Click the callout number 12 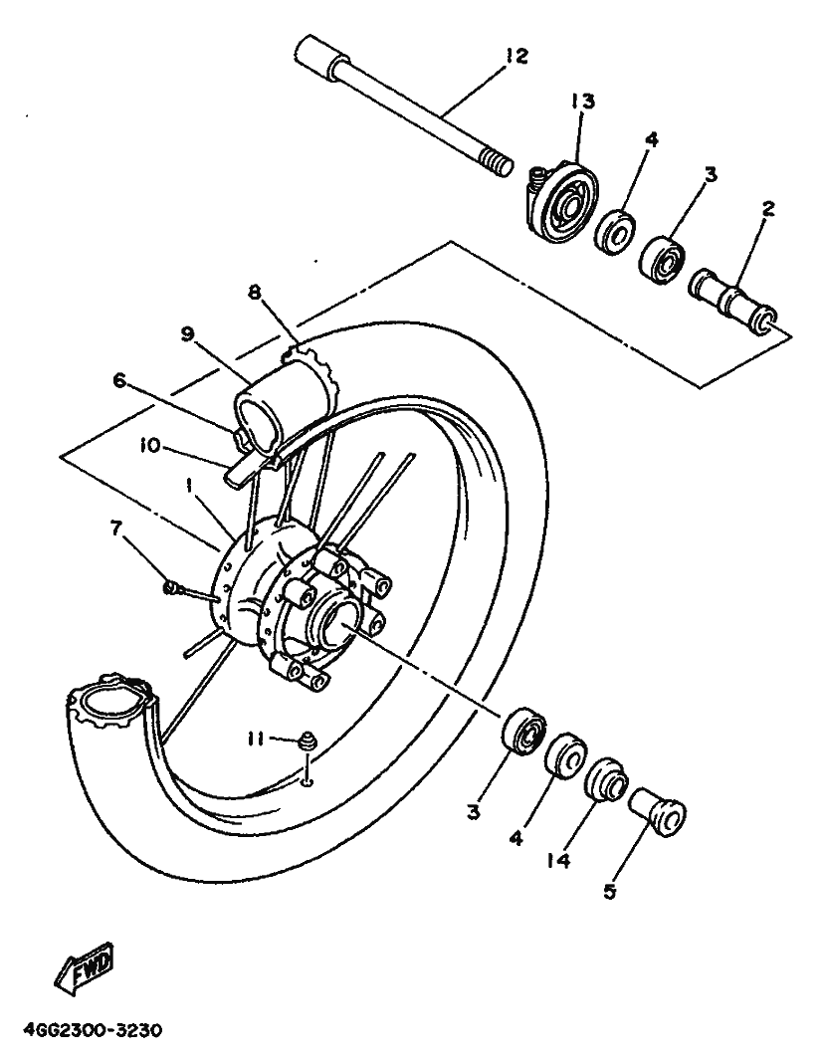(516, 56)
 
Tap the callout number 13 (582, 102)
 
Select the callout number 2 (768, 209)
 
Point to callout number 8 (254, 293)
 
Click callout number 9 (187, 333)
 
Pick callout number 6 (119, 381)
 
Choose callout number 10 (150, 446)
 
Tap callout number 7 (116, 528)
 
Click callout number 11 (255, 740)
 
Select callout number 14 (559, 860)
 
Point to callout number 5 (610, 893)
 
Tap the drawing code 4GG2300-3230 (93, 1031)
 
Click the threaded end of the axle (498, 165)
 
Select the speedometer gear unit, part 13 (561, 200)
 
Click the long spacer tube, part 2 (732, 300)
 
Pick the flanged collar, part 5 (658, 811)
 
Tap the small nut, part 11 (308, 740)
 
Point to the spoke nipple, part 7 (170, 588)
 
